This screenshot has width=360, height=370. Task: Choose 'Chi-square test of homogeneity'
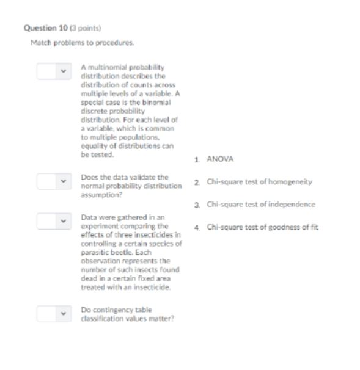point(260,182)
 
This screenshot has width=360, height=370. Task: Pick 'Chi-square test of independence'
point(261,205)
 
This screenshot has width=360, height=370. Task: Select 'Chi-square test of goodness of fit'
point(262,227)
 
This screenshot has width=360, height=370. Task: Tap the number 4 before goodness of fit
point(197,227)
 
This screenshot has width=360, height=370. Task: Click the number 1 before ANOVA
point(197,159)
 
